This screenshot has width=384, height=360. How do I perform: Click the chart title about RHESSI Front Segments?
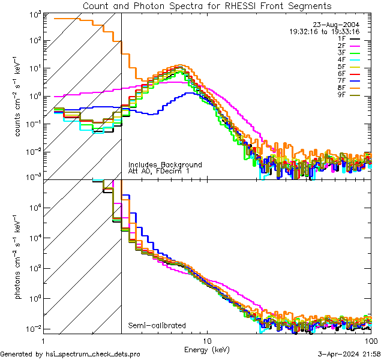pos(206,6)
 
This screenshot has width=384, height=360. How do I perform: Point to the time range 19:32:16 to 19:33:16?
pos(325,31)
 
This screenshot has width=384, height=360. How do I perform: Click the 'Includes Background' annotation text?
pos(165,165)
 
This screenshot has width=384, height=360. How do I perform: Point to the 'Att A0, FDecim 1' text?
pos(160,172)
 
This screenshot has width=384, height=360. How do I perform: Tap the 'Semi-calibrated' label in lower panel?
pos(157,326)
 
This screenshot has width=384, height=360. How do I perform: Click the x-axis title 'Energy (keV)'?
pos(206,349)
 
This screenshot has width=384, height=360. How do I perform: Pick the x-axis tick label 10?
pos(206,340)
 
